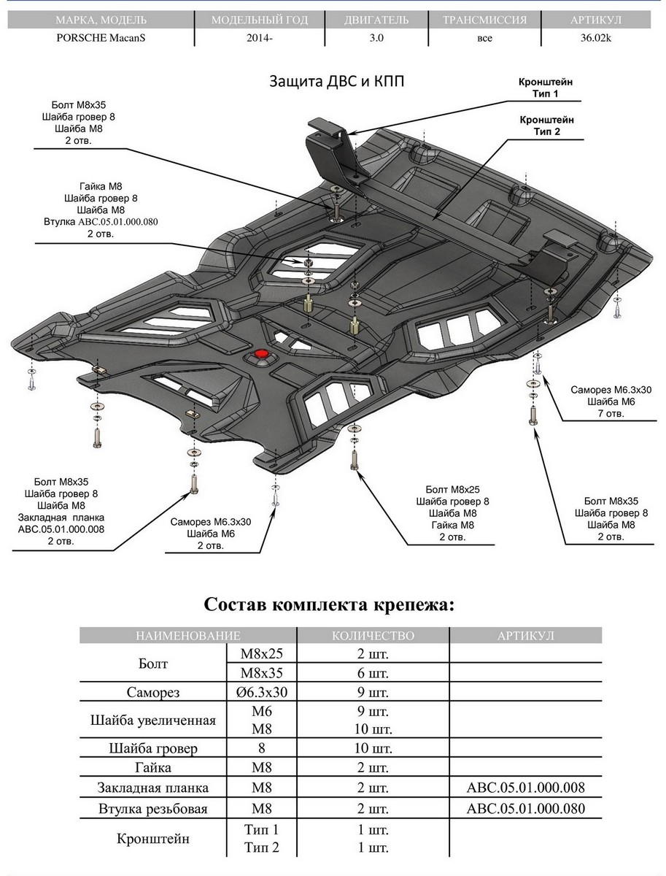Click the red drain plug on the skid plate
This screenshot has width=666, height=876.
(x=260, y=355)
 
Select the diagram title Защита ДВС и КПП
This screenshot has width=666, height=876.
(x=337, y=80)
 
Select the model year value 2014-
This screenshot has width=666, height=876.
(x=260, y=39)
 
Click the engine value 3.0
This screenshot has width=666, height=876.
(x=376, y=39)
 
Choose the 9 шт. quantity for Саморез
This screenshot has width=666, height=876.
(x=371, y=692)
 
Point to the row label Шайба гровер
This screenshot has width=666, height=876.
(x=153, y=748)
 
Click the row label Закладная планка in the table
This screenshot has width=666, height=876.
(x=153, y=788)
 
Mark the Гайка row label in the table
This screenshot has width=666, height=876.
(x=153, y=768)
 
